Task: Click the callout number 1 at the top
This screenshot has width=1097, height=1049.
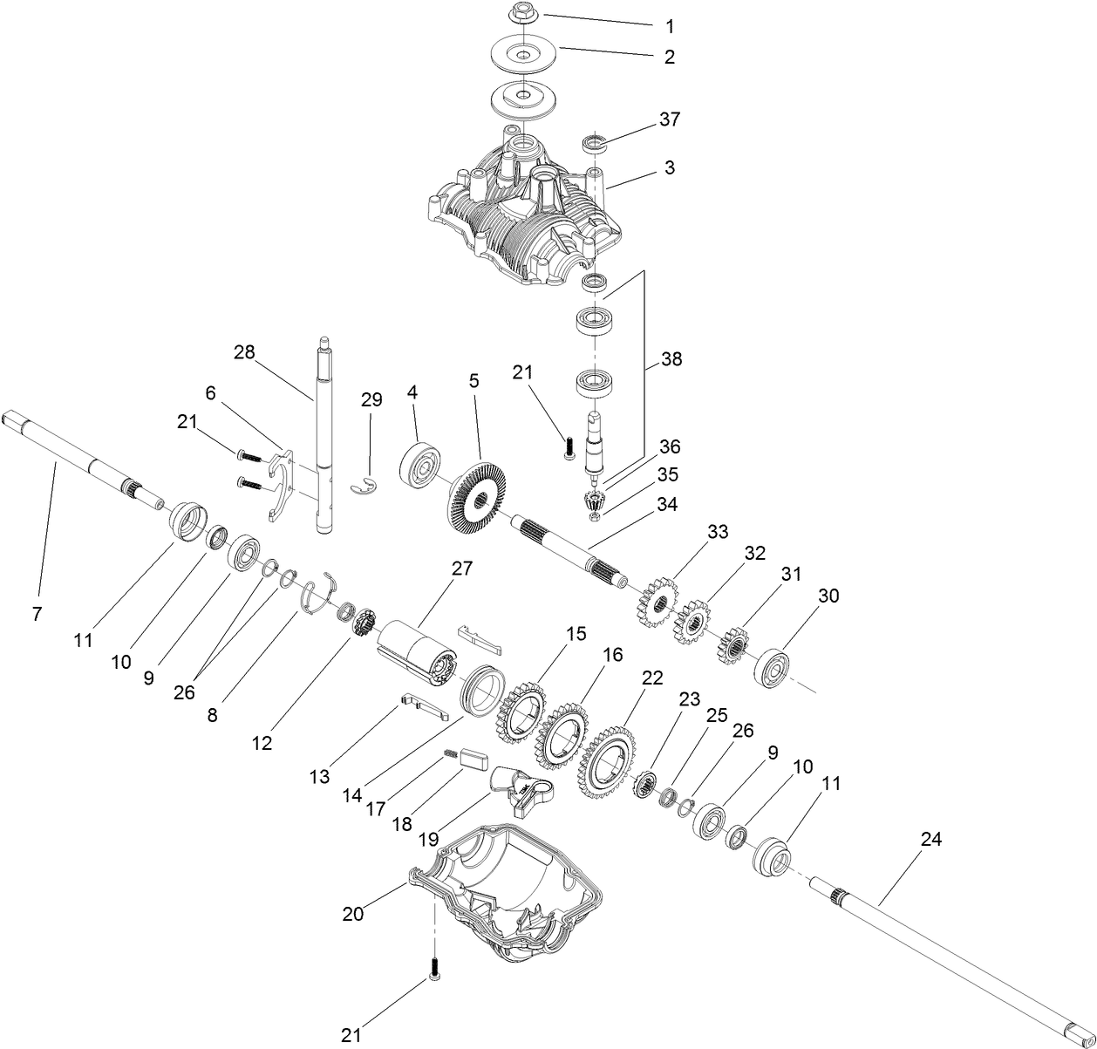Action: point(669,27)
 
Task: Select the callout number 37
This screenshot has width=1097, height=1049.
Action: point(669,119)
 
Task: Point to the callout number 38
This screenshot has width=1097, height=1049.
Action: point(671,358)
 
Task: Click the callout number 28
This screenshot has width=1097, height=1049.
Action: point(244,352)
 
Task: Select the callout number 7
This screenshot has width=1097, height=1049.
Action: point(36,614)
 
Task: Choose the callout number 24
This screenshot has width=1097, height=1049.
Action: point(931,839)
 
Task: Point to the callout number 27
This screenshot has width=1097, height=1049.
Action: point(461,569)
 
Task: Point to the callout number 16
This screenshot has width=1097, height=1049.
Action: point(613,655)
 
